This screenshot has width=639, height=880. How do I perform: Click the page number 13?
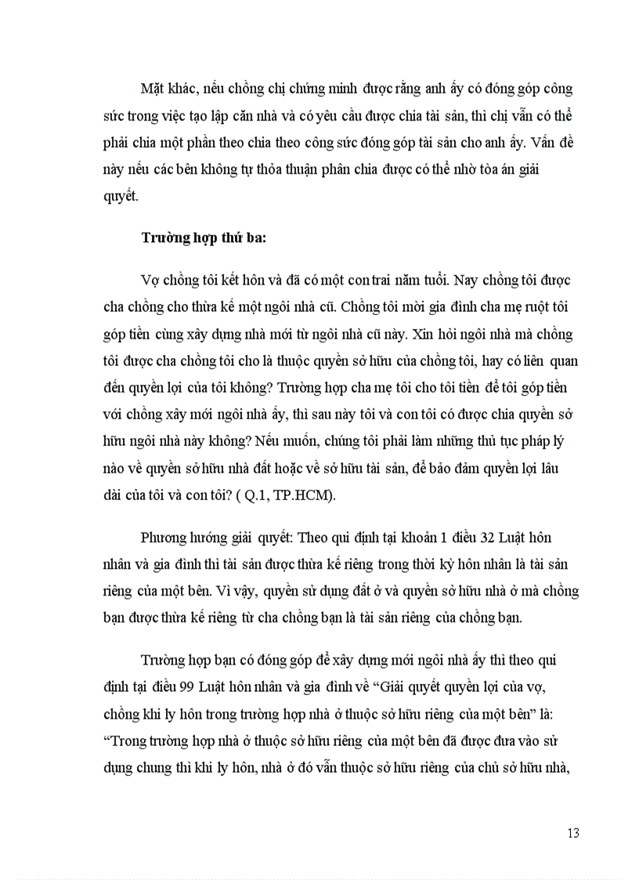coord(573,833)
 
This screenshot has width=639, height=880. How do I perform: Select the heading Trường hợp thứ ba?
coord(204,240)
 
